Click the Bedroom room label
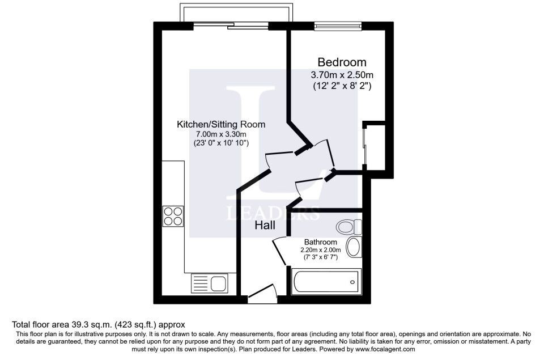coord(342,62)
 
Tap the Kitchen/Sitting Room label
coord(221,124)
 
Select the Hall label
coord(265,225)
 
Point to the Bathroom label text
coord(321,242)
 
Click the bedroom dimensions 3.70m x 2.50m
coord(342,75)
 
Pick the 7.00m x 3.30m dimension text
coord(222,134)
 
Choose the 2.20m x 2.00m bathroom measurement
coord(321,249)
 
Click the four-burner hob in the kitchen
coord(173,216)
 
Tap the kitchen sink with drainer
coord(210,282)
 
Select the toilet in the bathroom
coord(350,227)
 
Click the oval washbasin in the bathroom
coord(354,247)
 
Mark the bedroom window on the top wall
coord(338,26)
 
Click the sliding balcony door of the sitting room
coord(231,26)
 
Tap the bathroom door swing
coord(280,251)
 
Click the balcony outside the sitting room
coord(236,13)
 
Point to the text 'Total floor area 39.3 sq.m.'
coord(62,325)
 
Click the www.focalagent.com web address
coord(385,349)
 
